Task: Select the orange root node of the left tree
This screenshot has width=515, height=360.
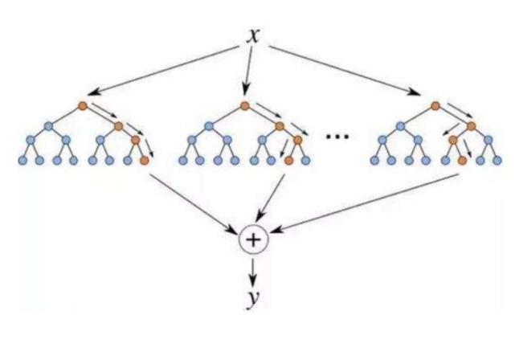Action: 83,106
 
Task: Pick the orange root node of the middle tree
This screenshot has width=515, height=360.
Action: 244,106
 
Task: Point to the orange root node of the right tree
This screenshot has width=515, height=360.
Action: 435,106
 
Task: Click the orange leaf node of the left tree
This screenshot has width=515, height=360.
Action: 144,161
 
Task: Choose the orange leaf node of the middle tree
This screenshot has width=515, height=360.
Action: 288,161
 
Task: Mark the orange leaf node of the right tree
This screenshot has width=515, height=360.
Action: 462,161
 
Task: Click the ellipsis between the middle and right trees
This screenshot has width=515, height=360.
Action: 337,137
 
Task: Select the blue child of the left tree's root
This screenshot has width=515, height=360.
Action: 48,125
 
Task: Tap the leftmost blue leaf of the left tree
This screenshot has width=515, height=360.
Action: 22,161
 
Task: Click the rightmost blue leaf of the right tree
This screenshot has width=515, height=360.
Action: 497,161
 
